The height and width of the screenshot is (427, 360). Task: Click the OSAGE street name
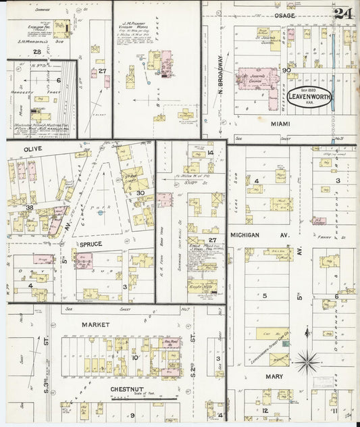click(284, 15)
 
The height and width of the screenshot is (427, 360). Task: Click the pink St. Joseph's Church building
click(259, 78)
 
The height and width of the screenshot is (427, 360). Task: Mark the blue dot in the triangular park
click(100, 213)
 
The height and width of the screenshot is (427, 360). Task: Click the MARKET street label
click(95, 324)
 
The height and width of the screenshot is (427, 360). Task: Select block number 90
click(286, 70)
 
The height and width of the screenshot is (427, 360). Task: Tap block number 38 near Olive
click(29, 207)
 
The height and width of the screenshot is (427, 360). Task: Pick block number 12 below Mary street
click(265, 410)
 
